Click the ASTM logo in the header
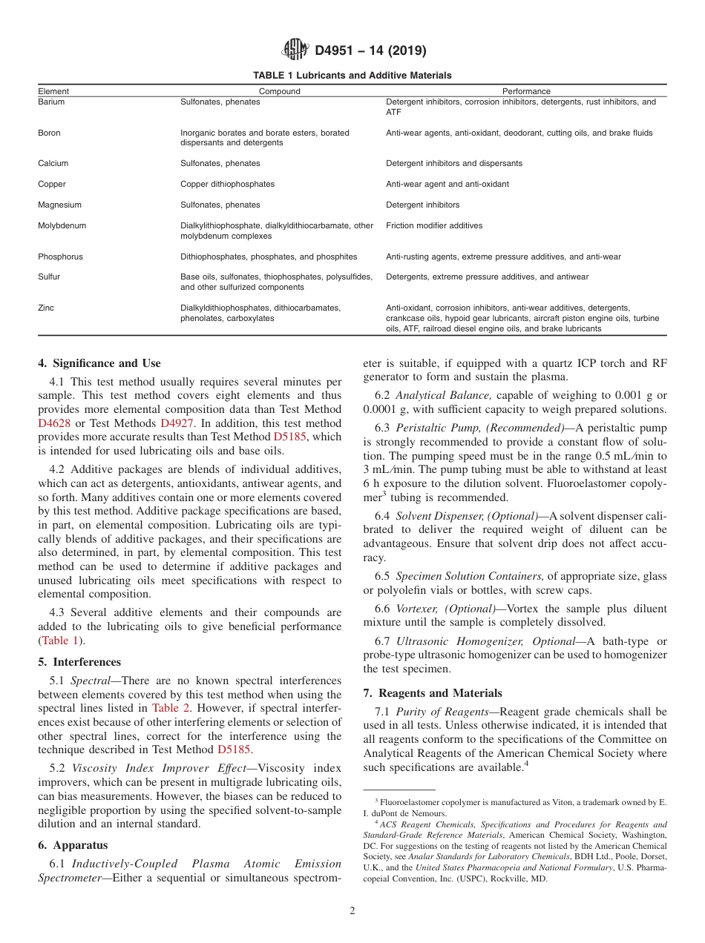[x=295, y=50]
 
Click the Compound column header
[x=279, y=91]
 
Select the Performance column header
[x=526, y=91]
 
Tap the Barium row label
[x=51, y=102]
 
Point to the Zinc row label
[x=46, y=308]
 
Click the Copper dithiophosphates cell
[x=227, y=184]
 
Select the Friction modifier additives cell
[x=433, y=225]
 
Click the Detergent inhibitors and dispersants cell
[x=453, y=163]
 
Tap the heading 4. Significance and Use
[x=99, y=363]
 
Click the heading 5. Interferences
[x=79, y=662]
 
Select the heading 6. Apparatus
[x=73, y=845]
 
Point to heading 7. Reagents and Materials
[x=433, y=693]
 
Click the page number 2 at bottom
[x=352, y=911]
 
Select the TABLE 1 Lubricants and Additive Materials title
[x=352, y=76]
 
